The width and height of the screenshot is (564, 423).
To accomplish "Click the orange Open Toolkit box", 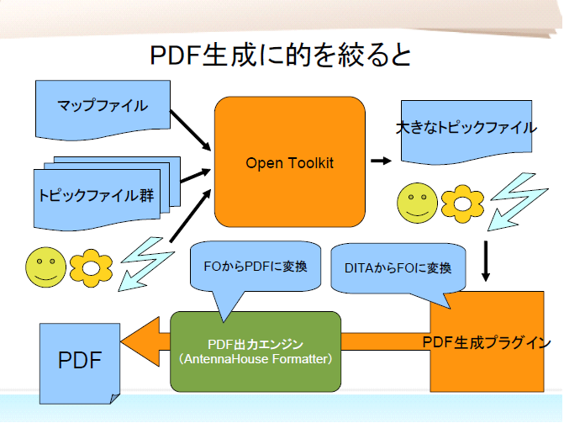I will (289, 162).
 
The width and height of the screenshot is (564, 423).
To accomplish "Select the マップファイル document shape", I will (103, 108).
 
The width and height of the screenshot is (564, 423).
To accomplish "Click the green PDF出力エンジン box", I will (256, 351).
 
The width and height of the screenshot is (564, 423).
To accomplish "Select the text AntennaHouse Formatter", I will (256, 359).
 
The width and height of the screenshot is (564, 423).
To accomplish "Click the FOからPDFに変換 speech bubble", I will (256, 266).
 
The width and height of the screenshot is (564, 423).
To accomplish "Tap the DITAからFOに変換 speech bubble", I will (398, 269).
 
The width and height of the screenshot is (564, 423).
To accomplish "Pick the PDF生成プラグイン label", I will (487, 342).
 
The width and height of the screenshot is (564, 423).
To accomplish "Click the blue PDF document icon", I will (80, 362).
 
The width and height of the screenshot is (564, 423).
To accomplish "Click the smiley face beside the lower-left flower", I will (46, 266).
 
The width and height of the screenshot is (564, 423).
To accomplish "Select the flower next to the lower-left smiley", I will (91, 265).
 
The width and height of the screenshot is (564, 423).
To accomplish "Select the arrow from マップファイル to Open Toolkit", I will (191, 127).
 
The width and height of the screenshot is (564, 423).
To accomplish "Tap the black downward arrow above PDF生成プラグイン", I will (487, 262).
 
